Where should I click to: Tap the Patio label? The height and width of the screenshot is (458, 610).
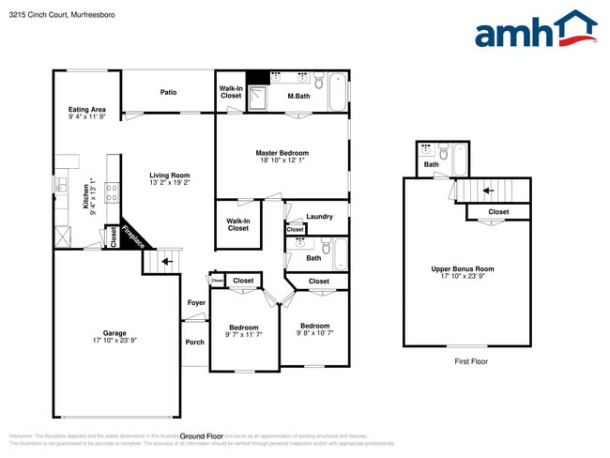(x=168, y=92)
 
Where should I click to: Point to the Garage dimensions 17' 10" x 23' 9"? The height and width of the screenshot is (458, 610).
(x=114, y=341)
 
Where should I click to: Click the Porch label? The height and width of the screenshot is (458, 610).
(x=194, y=342)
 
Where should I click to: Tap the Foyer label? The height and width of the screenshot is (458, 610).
(x=196, y=303)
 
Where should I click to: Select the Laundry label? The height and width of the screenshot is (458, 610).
(x=319, y=217)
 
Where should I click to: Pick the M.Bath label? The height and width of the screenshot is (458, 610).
(x=298, y=97)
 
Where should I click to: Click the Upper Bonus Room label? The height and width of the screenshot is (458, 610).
(x=463, y=268)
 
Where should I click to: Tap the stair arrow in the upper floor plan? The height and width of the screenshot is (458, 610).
(x=487, y=191)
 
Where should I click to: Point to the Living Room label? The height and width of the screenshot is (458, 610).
(x=170, y=175)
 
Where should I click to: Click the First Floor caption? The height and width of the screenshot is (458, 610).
(x=471, y=361)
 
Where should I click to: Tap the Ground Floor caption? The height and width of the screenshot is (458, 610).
(x=201, y=435)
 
